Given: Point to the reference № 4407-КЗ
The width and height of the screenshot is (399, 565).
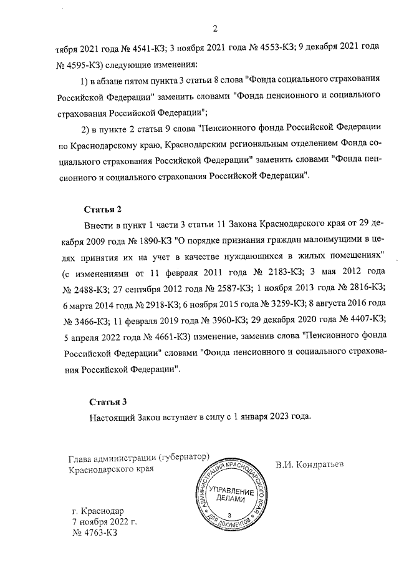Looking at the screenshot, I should pos(357,320).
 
